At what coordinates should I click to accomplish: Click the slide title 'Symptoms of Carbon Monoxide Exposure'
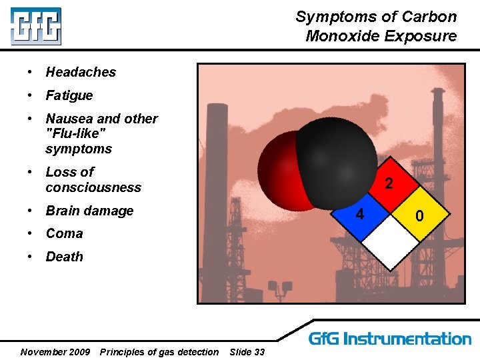pyautogui.click(x=376, y=26)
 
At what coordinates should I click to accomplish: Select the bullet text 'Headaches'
pyautogui.click(x=81, y=72)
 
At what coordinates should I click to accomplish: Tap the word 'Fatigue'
pyautogui.click(x=69, y=95)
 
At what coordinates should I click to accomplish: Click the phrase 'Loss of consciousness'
pyautogui.click(x=93, y=179)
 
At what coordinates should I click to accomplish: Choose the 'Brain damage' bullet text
pyautogui.click(x=89, y=211)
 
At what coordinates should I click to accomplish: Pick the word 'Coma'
pyautogui.click(x=64, y=233)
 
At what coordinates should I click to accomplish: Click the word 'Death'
pyautogui.click(x=64, y=257)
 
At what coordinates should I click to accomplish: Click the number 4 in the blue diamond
pyautogui.click(x=360, y=215)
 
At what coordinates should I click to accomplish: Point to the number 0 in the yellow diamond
pyautogui.click(x=419, y=215)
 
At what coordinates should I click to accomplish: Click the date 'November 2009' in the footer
pyautogui.click(x=55, y=351)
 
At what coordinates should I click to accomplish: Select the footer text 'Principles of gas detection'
pyautogui.click(x=159, y=351)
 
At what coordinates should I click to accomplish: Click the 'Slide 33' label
pyautogui.click(x=247, y=351)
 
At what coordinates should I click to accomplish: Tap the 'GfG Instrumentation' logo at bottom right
pyautogui.click(x=390, y=339)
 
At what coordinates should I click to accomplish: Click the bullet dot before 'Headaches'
pyautogui.click(x=31, y=72)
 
